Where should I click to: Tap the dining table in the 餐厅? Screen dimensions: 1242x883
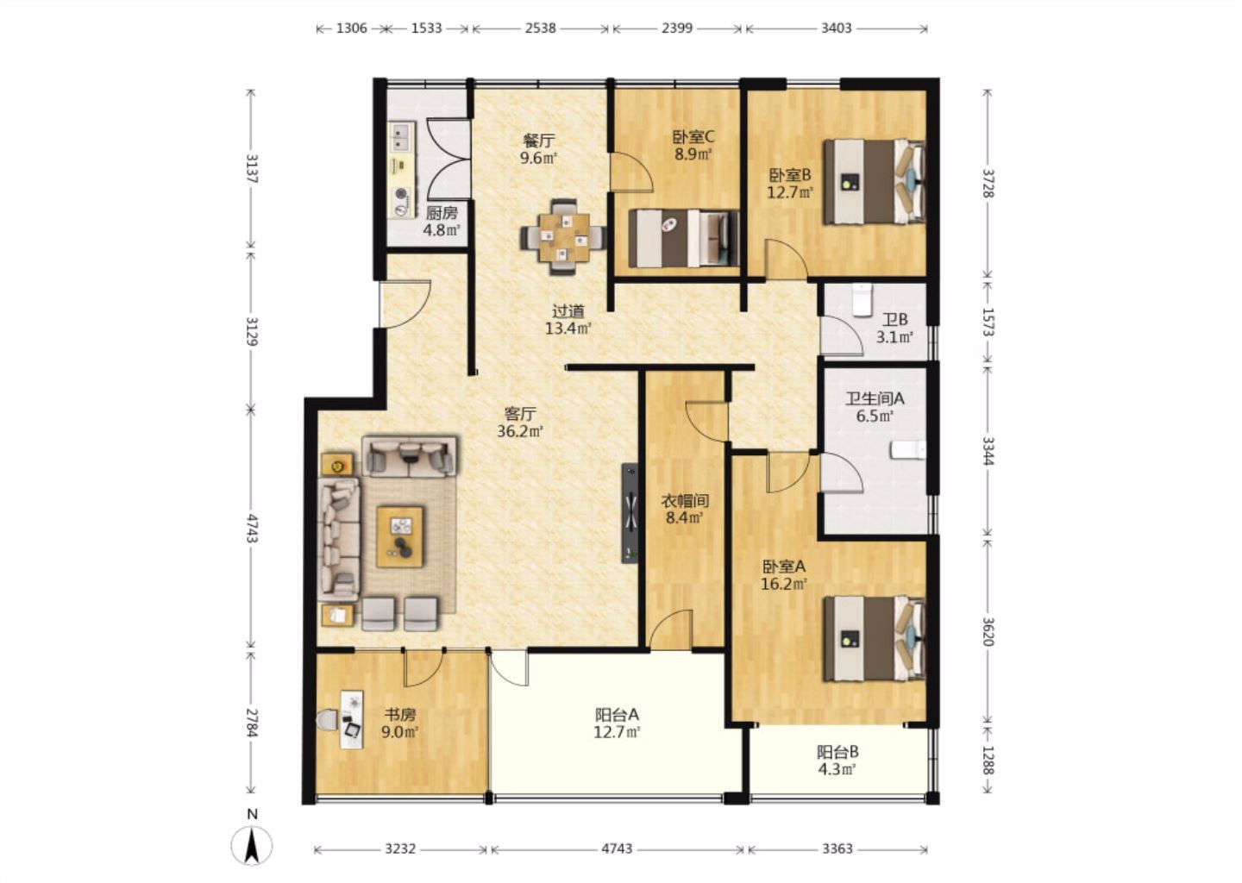pos(563,236)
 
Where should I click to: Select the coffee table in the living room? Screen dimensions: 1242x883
pos(399,536)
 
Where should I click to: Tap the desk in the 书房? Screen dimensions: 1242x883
pos(352,719)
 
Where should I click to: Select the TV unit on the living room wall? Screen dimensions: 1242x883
pos(630,513)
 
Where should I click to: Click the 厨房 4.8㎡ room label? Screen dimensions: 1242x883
pos(442,221)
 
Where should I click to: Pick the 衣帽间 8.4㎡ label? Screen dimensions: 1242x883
pos(685,510)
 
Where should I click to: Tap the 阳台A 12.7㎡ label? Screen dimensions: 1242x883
pos(618,723)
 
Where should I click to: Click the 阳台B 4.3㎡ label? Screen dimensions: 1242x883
pos(837,761)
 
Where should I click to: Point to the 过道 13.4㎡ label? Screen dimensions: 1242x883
pos(568,320)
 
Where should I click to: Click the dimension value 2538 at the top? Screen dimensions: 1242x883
pos(540,28)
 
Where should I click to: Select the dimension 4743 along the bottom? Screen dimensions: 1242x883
pos(617,849)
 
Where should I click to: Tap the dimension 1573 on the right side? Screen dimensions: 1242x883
pos(988,322)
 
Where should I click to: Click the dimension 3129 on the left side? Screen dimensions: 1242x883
pos(252,331)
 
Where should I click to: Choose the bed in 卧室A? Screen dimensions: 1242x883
pos(875,639)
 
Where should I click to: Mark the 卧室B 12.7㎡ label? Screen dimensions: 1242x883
pos(790,184)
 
